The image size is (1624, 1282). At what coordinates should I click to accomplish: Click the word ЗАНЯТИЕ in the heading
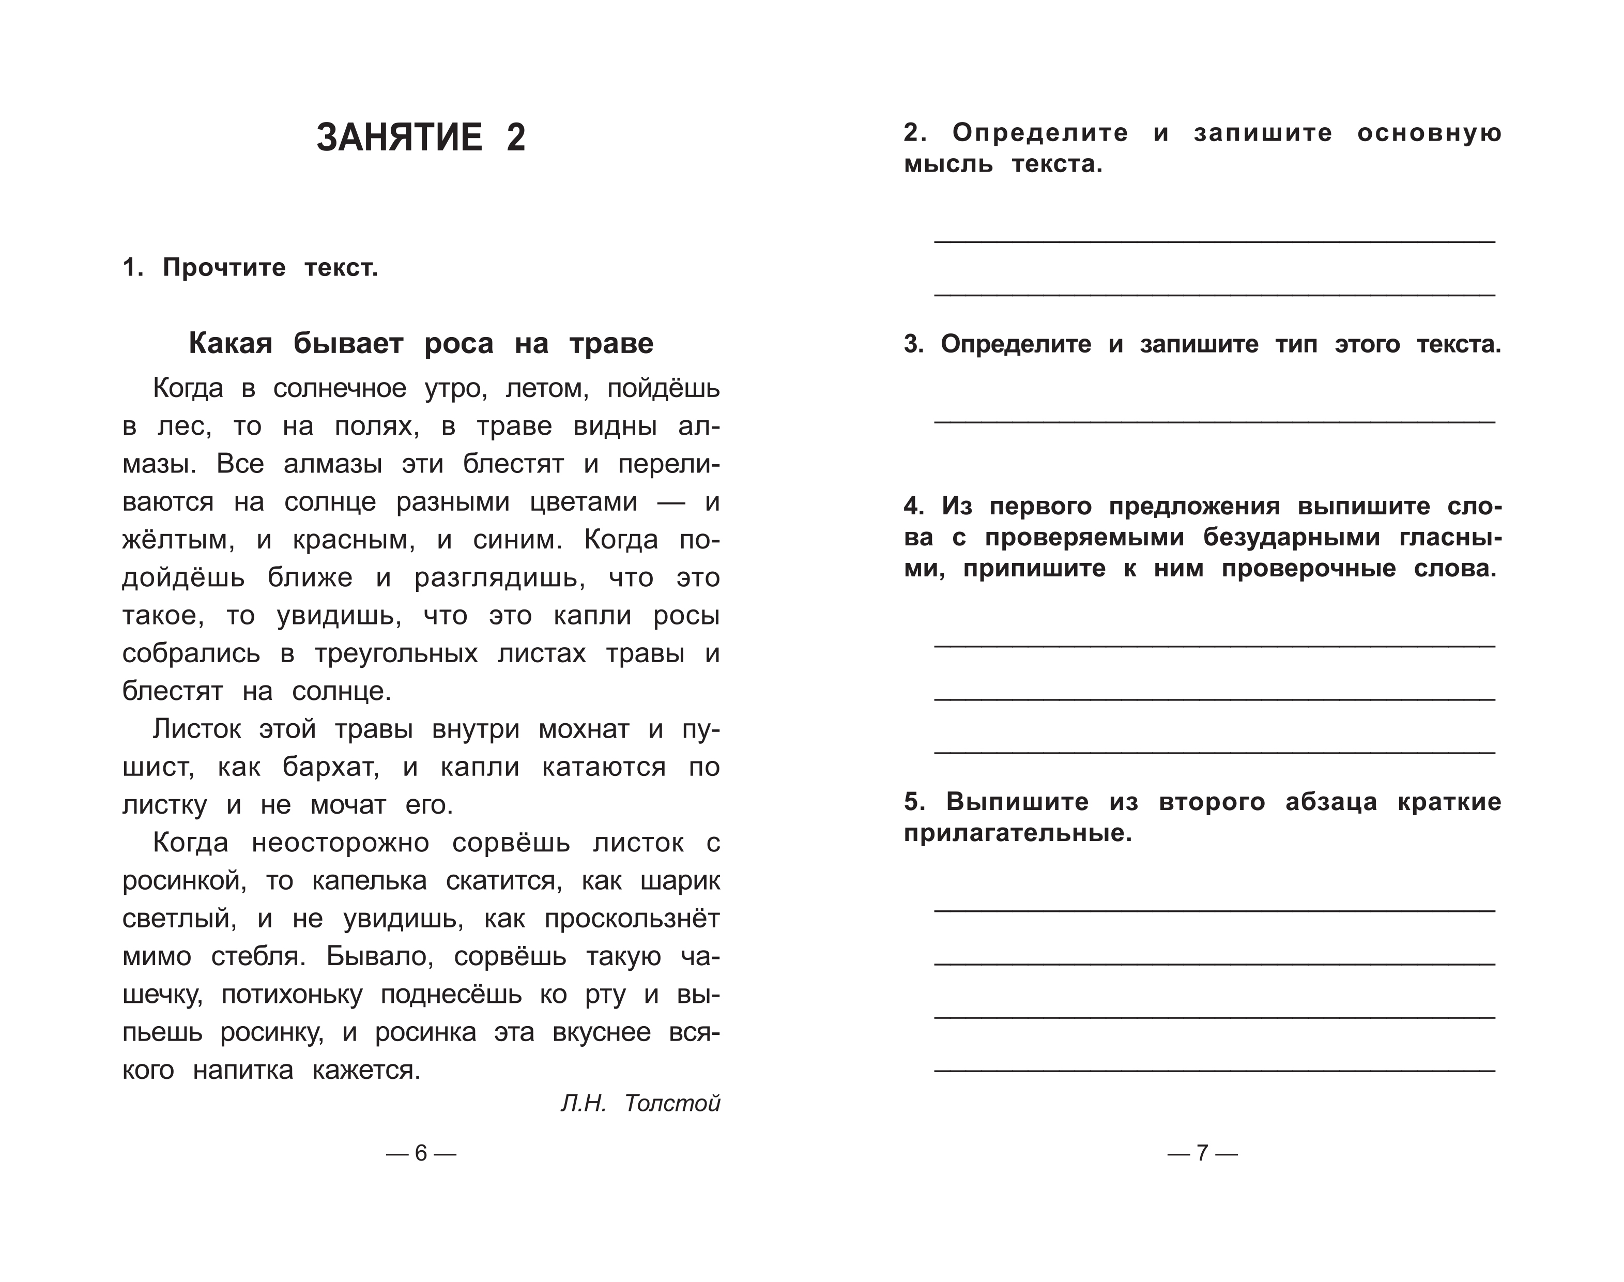click(399, 138)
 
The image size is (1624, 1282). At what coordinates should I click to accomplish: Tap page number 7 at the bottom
click(1202, 1153)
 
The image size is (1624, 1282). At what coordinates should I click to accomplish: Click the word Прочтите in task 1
click(224, 268)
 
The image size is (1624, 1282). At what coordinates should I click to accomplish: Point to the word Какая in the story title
click(229, 344)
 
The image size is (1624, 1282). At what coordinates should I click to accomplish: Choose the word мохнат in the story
click(584, 729)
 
